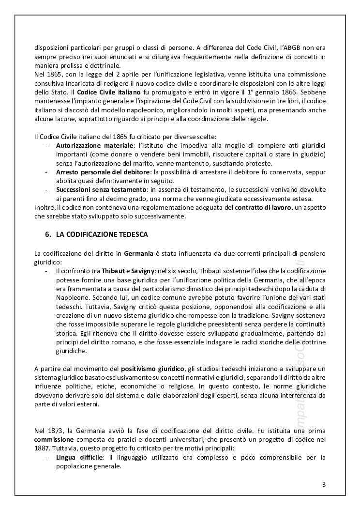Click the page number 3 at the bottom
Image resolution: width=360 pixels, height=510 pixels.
[324, 485]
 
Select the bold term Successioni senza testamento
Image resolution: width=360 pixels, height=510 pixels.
[101, 189]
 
